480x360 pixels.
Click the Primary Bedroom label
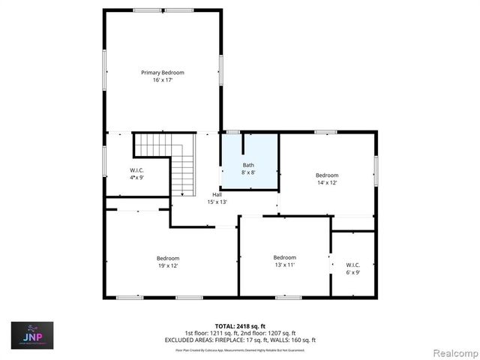pos(163,73)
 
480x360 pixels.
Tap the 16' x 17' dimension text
pos(163,79)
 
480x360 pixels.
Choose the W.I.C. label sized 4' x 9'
pos(136,170)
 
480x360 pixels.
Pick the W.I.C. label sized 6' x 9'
pos(352,265)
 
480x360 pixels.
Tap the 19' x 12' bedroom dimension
pos(168,265)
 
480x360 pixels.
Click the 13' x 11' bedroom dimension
pos(284,264)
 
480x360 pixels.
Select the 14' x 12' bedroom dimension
pos(327,182)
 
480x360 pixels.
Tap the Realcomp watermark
pos(452,351)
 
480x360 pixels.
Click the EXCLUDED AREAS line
pos(240,340)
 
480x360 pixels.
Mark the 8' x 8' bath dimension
pos(248,172)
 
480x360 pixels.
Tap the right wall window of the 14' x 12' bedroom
pos(376,169)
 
